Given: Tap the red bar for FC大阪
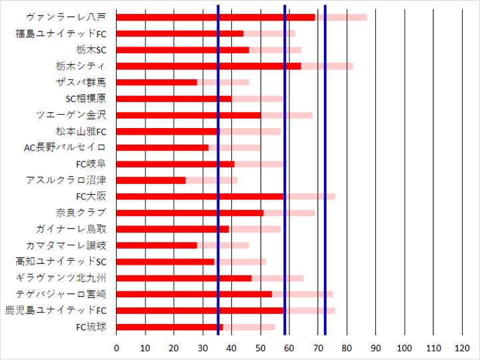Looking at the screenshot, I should click(x=200, y=196).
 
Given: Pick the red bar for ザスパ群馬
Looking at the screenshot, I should click(x=157, y=82).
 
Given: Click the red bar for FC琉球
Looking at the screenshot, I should click(x=170, y=327).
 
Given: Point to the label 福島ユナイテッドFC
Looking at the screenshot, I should click(x=61, y=33).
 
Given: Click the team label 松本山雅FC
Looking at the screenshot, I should click(x=81, y=131).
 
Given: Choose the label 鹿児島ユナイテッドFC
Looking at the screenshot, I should click(x=55, y=311).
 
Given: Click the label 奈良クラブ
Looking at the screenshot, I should click(x=81, y=213).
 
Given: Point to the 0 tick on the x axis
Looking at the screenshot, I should click(x=117, y=348).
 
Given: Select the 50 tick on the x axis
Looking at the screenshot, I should click(x=261, y=348).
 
